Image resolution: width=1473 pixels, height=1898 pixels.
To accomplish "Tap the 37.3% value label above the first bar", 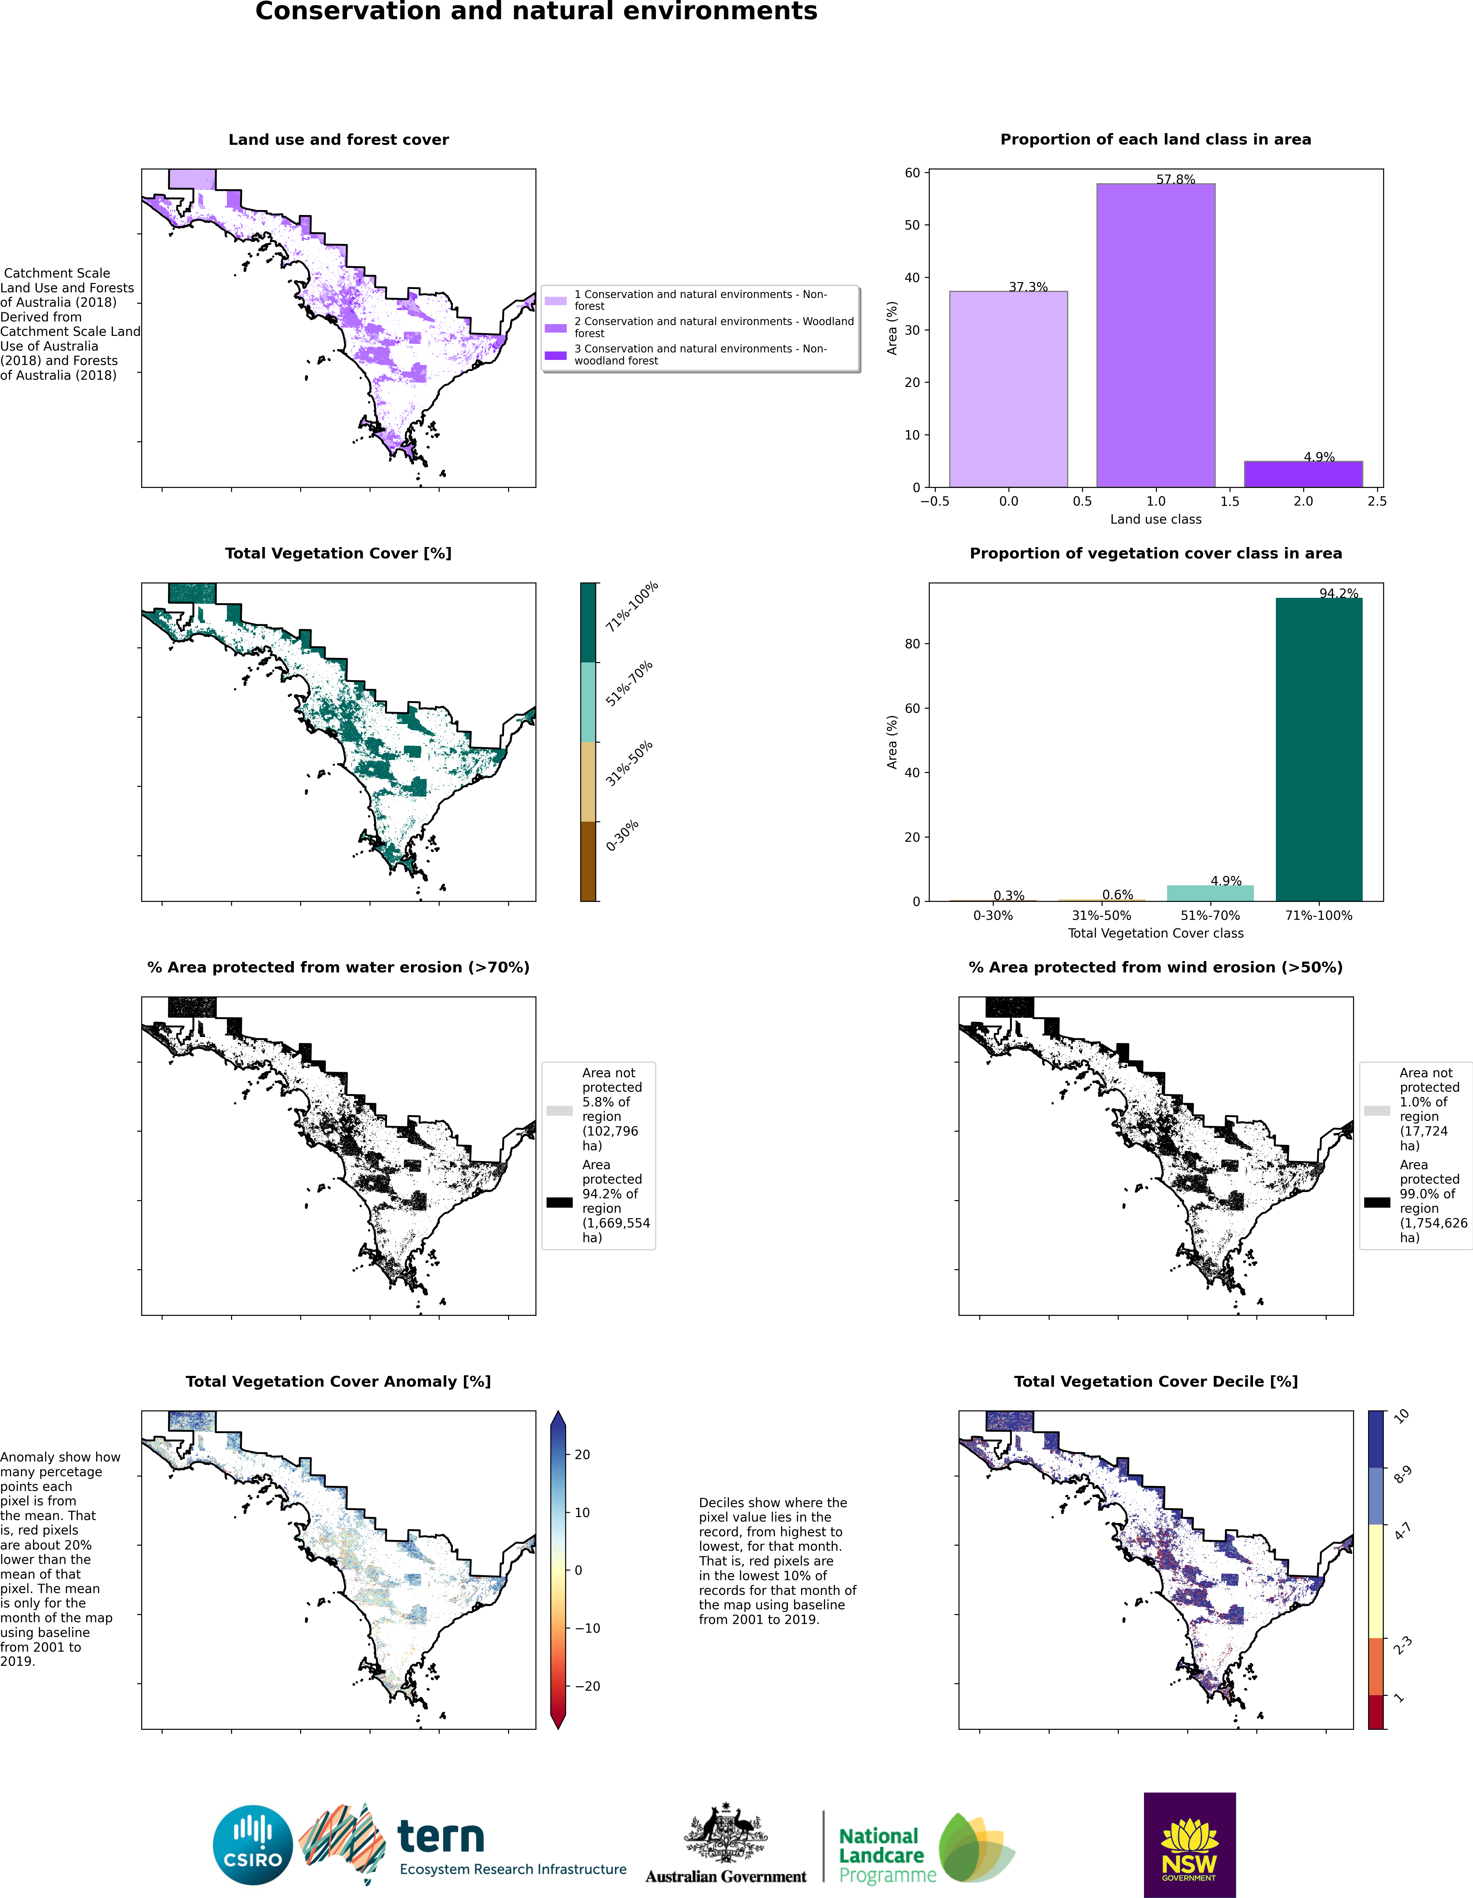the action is coord(1028,287).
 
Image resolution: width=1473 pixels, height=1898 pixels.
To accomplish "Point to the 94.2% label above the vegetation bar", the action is coord(1338,594).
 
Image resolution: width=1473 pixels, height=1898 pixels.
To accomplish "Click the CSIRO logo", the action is coord(253,1845).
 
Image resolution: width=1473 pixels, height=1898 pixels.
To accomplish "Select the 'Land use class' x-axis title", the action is coord(1156,519).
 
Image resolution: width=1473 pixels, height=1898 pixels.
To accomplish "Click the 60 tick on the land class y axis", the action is coord(913,173).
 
